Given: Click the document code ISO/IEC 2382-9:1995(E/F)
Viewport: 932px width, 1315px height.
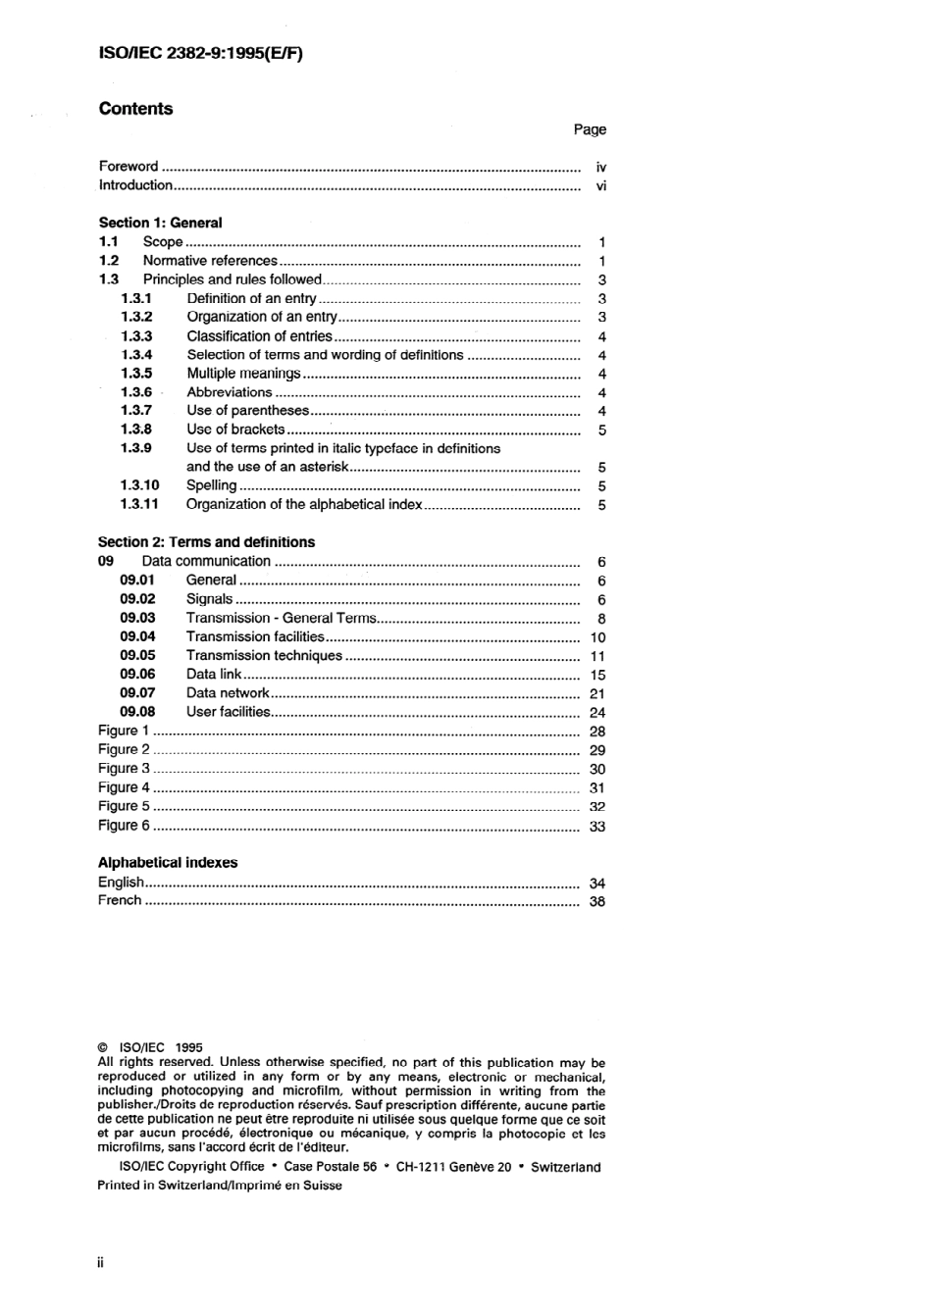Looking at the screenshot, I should pyautogui.click(x=200, y=54).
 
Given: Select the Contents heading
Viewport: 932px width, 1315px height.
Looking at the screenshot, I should pyautogui.click(x=135, y=109).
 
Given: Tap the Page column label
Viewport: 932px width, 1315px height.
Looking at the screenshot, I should pyautogui.click(x=590, y=129).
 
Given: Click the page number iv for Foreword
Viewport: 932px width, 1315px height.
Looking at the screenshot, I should pyautogui.click(x=600, y=168).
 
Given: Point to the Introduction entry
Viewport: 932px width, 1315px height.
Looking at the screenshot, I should pyautogui.click(x=135, y=185).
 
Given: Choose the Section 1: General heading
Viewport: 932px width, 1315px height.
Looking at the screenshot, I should pyautogui.click(x=160, y=223).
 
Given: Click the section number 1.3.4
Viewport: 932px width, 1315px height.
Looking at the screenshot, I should pyautogui.click(x=136, y=355).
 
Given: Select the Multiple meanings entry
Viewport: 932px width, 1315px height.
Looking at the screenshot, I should pyautogui.click(x=243, y=374).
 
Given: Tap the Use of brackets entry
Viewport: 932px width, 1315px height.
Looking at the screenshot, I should pyautogui.click(x=235, y=430).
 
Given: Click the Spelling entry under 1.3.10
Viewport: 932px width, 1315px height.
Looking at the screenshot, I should pyautogui.click(x=211, y=485).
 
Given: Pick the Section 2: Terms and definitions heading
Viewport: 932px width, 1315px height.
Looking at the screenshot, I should pyautogui.click(x=206, y=542).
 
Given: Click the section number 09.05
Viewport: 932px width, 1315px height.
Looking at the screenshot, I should pyautogui.click(x=137, y=655).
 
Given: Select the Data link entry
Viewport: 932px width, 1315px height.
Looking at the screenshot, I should pyautogui.click(x=213, y=674).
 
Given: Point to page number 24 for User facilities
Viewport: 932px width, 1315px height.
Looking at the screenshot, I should pyautogui.click(x=596, y=713).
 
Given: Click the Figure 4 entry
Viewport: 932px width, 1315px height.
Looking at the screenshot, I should pyautogui.click(x=124, y=787).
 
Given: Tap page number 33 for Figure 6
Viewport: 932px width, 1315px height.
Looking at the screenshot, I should pyautogui.click(x=596, y=827).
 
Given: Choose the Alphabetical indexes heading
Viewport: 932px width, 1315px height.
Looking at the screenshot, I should pyautogui.click(x=167, y=863).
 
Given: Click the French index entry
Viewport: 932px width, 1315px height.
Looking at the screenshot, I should pyautogui.click(x=120, y=900).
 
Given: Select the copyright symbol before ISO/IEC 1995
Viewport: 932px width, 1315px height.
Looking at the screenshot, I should pyautogui.click(x=103, y=1047).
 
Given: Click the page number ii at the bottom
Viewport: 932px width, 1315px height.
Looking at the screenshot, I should pyautogui.click(x=100, y=1263).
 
